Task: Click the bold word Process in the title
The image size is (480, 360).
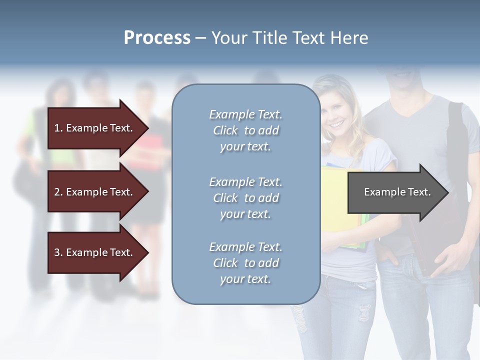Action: pos(157,38)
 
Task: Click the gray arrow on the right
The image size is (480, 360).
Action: pos(395,192)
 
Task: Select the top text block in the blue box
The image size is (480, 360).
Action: pos(245,130)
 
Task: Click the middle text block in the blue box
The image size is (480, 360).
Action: pos(245,198)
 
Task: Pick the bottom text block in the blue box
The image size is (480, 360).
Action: pos(245,263)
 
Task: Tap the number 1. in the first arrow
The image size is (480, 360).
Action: pos(58,128)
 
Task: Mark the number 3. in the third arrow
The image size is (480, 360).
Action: pos(58,252)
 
